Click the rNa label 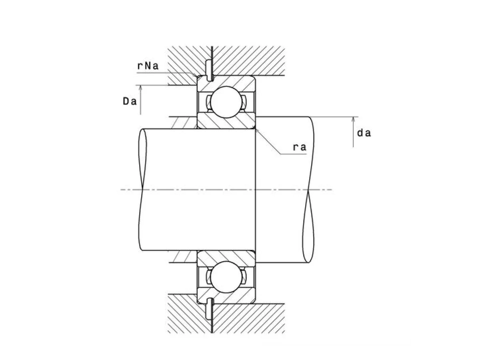click(x=148, y=66)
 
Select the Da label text click(x=130, y=102)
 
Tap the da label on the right click(x=364, y=133)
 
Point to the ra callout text click(x=300, y=147)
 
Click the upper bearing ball click(x=226, y=102)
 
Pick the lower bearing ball click(x=226, y=277)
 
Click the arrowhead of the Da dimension click(x=140, y=87)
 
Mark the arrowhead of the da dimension click(x=353, y=119)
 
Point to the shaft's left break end click(x=142, y=190)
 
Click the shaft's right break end click(x=308, y=190)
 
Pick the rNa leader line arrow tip click(x=198, y=76)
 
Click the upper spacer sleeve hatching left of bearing click(x=183, y=123)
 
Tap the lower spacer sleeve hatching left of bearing click(x=183, y=256)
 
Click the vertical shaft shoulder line click(x=256, y=190)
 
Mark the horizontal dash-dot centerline click(x=226, y=190)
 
